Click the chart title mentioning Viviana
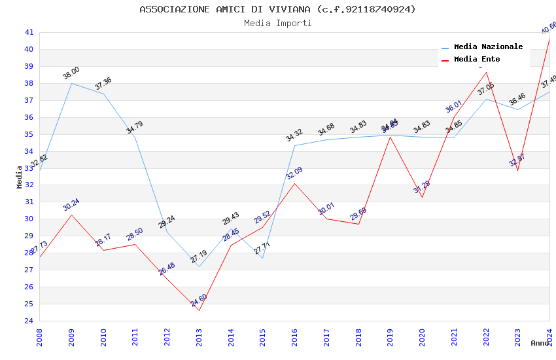coord(277,9)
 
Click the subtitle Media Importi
coord(277,24)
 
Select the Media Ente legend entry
coord(476,60)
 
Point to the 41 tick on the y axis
coord(29,32)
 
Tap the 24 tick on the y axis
coord(29,321)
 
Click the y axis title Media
coord(20,177)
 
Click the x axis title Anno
coord(540,343)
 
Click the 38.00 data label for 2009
coord(71,73)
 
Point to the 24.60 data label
coord(199,301)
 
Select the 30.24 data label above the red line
coord(71,204)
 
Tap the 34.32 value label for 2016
coord(294,135)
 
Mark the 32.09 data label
coord(294,173)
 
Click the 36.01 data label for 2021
coord(454,107)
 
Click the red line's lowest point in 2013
coord(199,310)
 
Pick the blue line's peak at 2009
coord(71,83)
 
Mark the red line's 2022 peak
coord(486,72)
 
